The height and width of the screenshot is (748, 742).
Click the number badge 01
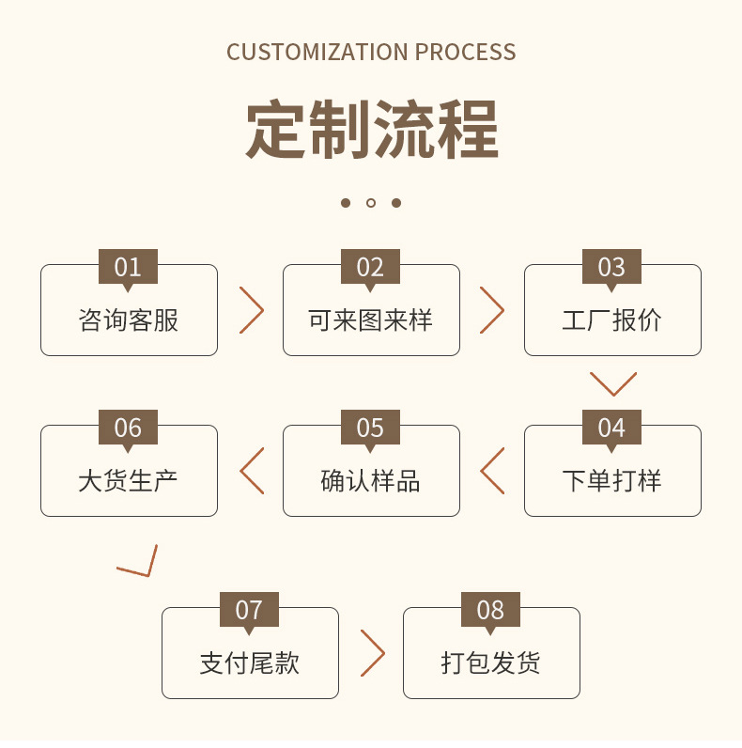128,267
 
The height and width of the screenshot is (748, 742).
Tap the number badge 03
611,267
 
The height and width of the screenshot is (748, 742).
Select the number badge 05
370,428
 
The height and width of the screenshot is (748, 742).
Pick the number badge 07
249,610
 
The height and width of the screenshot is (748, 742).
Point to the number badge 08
490,610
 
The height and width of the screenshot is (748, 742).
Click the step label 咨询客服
129,320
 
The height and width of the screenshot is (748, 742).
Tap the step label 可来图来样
370,320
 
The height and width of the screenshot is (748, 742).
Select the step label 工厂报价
611,320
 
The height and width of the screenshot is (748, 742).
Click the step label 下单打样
611,481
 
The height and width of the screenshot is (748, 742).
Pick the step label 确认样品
370,481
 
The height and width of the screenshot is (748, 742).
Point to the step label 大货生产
129,481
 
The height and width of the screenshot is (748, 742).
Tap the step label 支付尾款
250,663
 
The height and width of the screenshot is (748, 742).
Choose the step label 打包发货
490,663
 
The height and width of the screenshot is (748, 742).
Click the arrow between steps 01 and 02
263,310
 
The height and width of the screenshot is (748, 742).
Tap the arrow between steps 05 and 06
240,471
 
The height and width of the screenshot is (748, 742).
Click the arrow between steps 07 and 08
384,653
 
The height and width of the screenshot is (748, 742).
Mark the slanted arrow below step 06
148,575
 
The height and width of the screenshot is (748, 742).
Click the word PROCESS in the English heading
466,52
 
